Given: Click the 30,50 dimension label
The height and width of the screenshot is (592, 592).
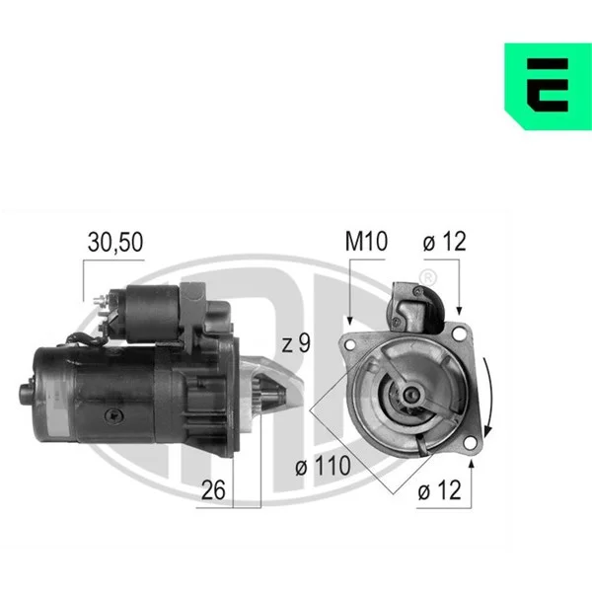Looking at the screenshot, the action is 115,242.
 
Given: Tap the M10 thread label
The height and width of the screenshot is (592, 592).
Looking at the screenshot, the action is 366,242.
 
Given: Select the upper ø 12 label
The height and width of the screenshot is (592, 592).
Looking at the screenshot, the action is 444,242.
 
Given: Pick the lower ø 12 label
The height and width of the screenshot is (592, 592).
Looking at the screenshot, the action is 439,490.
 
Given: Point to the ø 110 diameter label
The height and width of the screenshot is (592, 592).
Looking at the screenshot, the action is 324,466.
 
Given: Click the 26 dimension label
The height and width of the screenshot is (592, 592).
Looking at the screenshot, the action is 213,490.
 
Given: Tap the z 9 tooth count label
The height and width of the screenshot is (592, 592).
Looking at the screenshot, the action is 296,343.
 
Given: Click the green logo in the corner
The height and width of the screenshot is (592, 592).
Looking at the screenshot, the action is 548,87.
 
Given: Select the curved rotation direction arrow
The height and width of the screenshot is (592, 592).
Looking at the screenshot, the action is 489,397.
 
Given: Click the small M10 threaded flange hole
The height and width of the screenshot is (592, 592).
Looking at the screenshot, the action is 350,344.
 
